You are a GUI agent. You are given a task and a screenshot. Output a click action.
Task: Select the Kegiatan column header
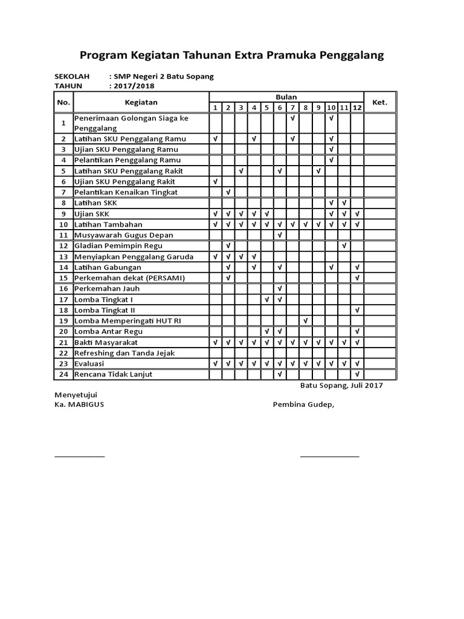pos(141,103)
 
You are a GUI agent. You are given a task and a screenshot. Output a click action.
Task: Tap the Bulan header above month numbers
pos(286,97)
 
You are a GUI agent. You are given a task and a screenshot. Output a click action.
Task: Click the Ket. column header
pos(379,103)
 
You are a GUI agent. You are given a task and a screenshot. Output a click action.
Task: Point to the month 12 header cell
pos(358,108)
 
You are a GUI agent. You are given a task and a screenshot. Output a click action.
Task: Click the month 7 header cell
pos(292,108)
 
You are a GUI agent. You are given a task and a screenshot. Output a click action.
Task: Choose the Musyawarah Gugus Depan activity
pos(124,235)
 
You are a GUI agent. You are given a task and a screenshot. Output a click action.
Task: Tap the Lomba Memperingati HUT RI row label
pos(127,320)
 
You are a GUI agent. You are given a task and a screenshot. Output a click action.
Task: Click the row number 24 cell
pos(63,374)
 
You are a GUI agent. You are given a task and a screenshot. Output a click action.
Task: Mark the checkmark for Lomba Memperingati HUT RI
pos(306,320)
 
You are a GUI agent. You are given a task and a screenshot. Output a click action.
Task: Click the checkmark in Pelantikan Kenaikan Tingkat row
pos(228,192)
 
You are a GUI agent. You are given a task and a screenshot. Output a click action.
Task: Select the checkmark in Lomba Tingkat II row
pos(358,310)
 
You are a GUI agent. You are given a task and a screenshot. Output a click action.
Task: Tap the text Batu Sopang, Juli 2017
pos(341,385)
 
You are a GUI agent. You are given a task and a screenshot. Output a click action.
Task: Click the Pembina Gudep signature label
pos(303,404)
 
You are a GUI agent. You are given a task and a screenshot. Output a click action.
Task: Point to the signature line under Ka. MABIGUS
pos(79,456)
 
